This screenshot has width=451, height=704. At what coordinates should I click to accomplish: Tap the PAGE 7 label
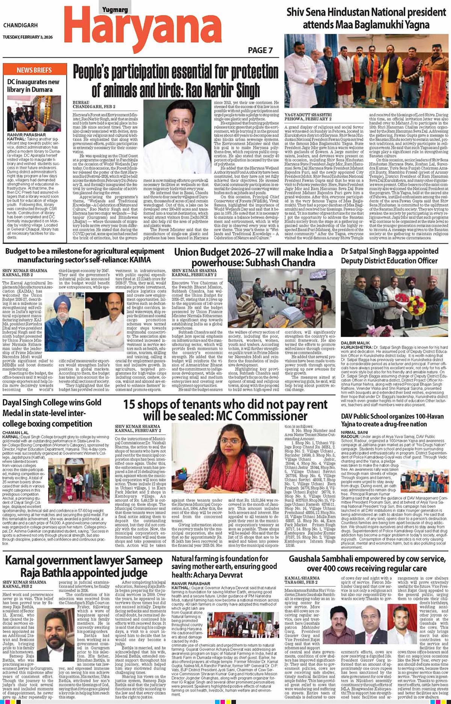[260, 50]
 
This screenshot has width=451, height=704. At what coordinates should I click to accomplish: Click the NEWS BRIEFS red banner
[34, 70]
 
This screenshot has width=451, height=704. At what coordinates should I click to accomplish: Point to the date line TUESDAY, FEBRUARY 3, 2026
[28, 37]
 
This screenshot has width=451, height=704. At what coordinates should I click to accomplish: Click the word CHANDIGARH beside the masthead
[21, 25]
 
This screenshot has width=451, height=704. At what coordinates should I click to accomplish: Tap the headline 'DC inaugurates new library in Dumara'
[33, 86]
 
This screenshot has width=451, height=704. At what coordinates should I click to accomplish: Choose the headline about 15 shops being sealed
[225, 410]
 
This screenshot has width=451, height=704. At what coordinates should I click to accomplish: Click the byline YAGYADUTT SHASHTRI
[308, 115]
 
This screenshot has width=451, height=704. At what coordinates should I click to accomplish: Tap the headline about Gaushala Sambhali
[367, 564]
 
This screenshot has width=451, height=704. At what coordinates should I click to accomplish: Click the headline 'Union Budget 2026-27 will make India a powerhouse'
[253, 257]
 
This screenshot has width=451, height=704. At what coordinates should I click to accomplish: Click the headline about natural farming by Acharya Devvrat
[225, 567]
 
